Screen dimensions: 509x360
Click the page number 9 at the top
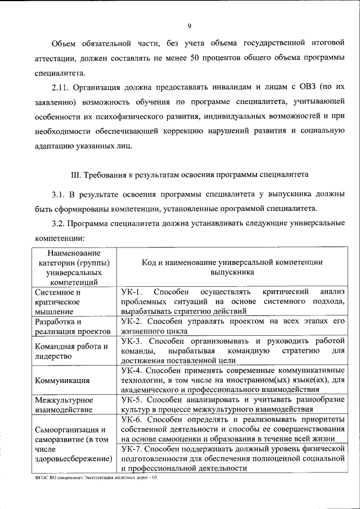(x=190, y=25)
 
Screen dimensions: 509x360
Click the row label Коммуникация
(x=62, y=380)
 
